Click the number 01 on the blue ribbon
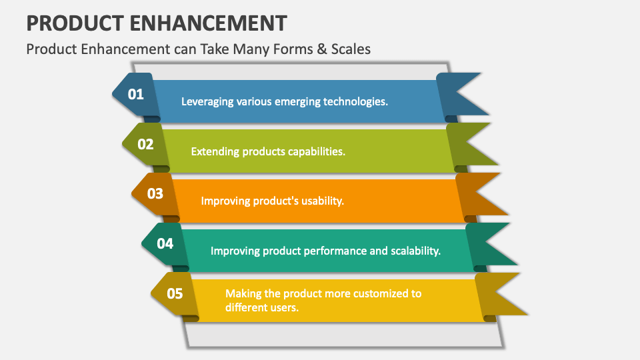point(136,94)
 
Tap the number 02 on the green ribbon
point(145,144)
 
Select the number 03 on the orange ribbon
point(155,193)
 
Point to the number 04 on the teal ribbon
point(165,243)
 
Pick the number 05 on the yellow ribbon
point(175,293)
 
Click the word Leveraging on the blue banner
point(207,102)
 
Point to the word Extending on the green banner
point(215,151)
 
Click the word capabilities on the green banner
point(317,151)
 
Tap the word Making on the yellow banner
point(243,293)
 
